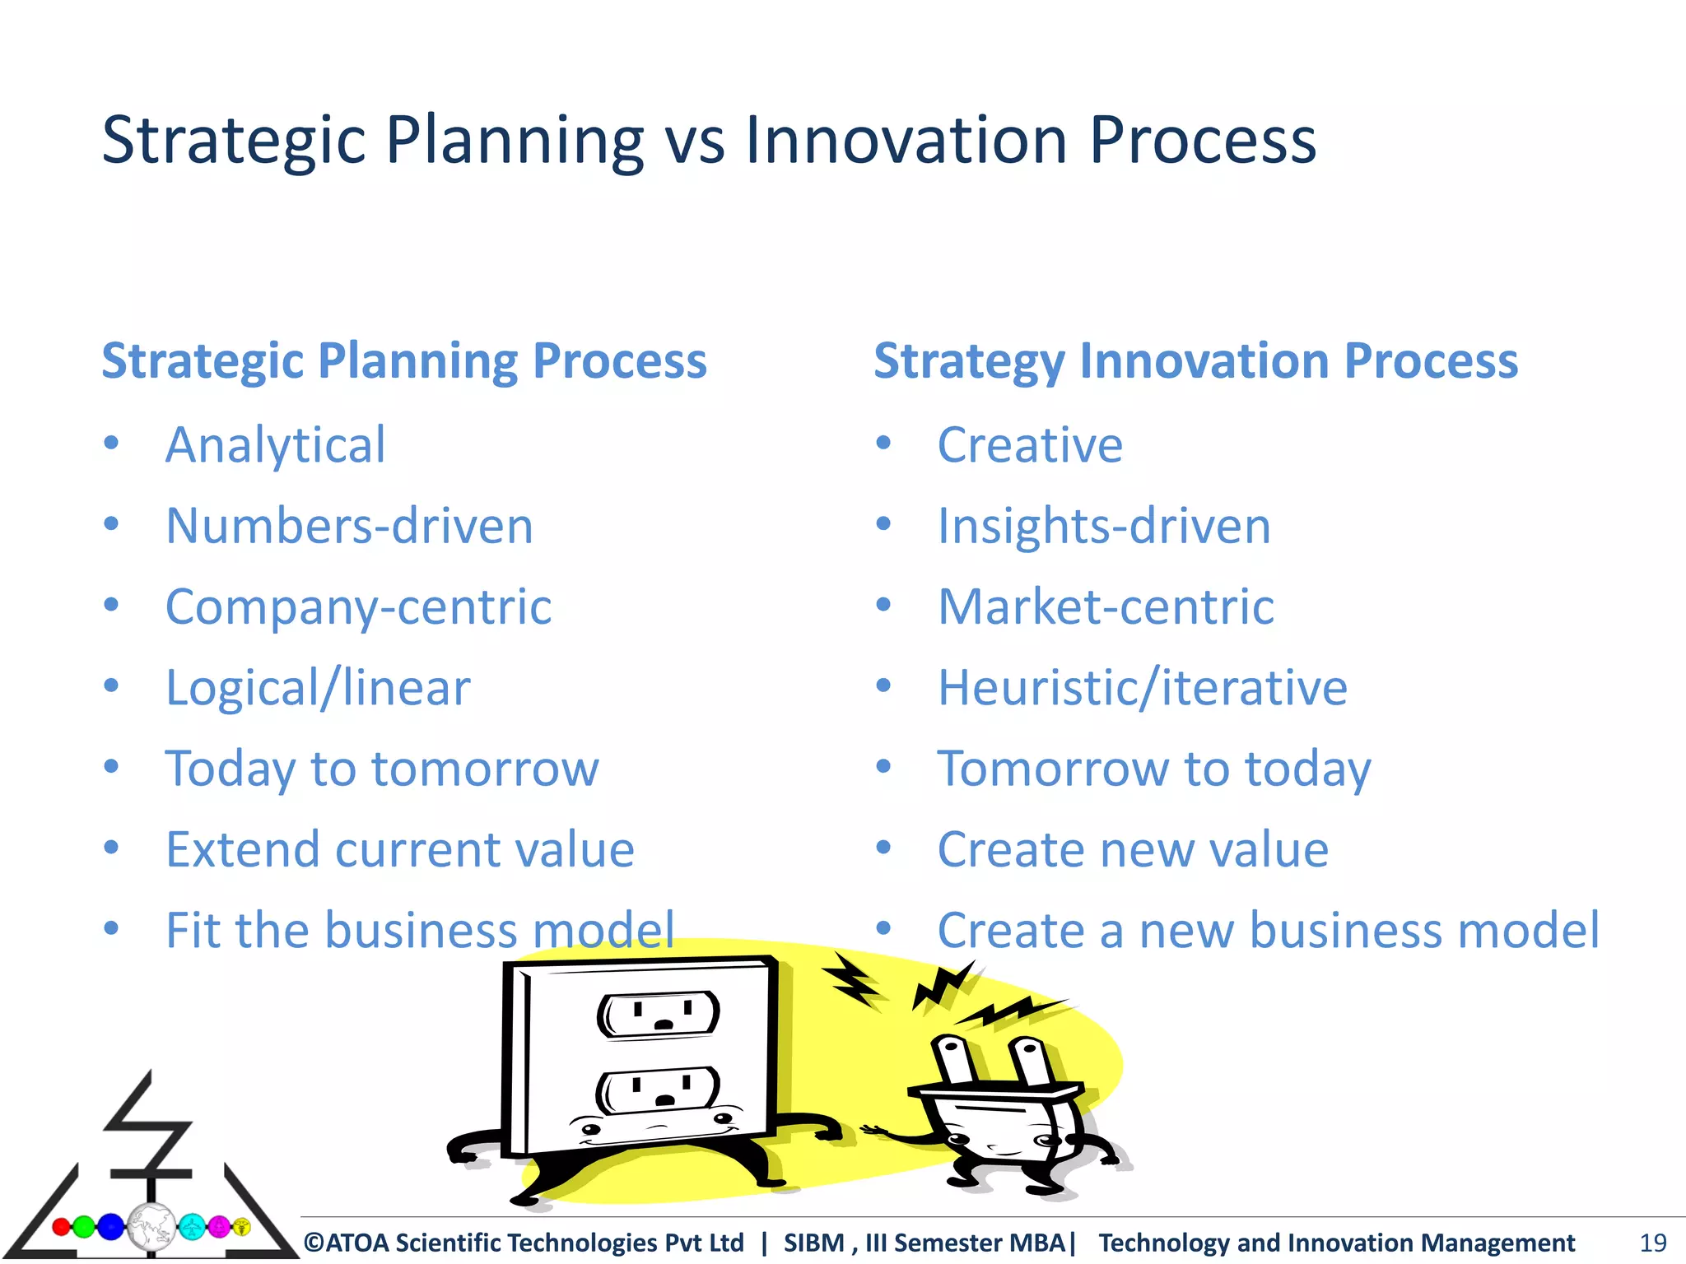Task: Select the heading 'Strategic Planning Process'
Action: click(403, 361)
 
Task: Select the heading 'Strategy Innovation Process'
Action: click(1195, 361)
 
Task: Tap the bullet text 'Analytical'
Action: click(275, 445)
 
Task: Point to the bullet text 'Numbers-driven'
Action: click(349, 526)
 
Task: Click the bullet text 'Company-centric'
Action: click(358, 607)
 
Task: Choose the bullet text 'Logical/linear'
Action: click(318, 688)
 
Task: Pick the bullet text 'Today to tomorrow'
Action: click(382, 769)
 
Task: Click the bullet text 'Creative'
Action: click(1030, 445)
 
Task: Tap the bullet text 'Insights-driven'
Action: click(1104, 526)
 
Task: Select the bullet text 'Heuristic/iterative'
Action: click(1142, 688)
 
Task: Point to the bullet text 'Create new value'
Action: click(1133, 849)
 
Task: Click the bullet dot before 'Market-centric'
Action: click(883, 606)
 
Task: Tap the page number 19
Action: click(1653, 1243)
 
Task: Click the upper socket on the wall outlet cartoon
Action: click(659, 1014)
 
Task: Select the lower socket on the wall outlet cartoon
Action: click(659, 1091)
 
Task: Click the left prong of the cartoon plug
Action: click(954, 1062)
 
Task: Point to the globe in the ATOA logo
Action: click(151, 1227)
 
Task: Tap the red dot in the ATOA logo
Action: click(61, 1227)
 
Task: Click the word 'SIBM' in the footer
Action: click(813, 1243)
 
